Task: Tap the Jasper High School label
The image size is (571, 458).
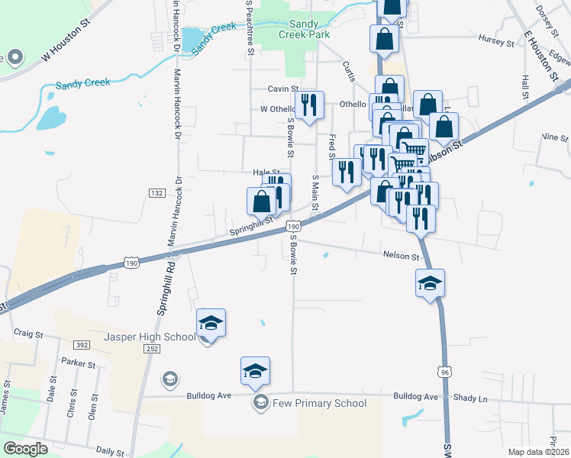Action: (150, 337)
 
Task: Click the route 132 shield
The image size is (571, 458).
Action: (156, 193)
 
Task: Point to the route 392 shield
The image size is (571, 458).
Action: (82, 345)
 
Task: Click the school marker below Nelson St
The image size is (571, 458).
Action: (430, 282)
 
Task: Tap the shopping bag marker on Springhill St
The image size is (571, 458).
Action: (261, 202)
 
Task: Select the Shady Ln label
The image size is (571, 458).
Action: (471, 398)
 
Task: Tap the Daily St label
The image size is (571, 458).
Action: (110, 452)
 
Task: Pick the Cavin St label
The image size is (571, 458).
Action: (282, 89)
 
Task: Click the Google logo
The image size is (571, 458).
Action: (25, 449)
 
